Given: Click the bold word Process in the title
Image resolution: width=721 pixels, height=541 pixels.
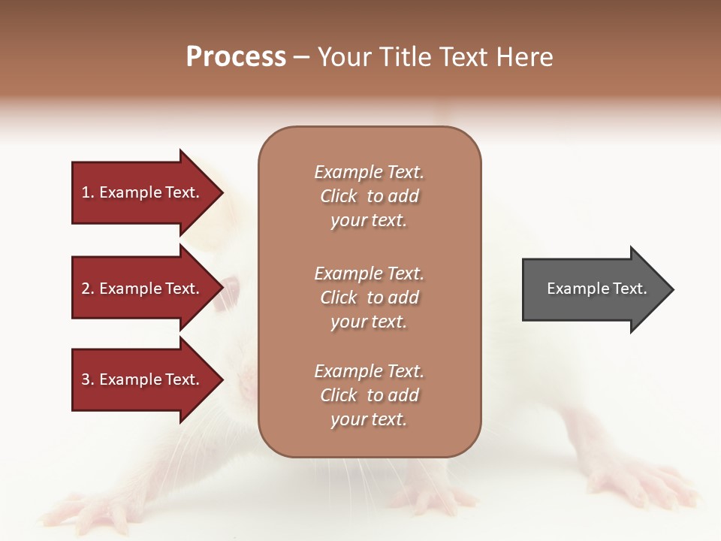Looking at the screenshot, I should [x=236, y=57].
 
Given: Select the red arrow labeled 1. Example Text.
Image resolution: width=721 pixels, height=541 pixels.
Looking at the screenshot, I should [x=143, y=192].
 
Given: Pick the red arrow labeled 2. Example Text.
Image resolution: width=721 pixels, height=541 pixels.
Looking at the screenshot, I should [x=143, y=289].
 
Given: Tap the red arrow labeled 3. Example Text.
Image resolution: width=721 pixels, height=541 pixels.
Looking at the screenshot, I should [x=143, y=379].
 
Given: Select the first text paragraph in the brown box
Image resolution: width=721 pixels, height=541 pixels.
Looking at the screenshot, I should [x=369, y=196].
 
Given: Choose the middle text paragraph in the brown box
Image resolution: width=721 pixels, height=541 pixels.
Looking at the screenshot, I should [x=369, y=297].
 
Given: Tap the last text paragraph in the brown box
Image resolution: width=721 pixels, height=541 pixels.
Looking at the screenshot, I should [x=369, y=395].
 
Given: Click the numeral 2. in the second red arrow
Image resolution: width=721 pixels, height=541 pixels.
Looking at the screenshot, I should [x=88, y=289].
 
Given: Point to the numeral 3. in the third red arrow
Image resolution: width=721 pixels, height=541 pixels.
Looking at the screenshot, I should [x=88, y=379].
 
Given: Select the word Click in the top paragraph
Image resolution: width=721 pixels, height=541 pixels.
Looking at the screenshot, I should [x=339, y=196].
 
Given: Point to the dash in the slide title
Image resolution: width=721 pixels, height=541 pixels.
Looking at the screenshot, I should [x=302, y=57].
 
